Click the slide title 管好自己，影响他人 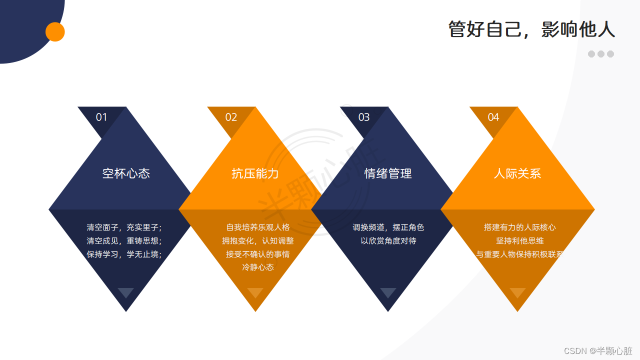pos(531,30)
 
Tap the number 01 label pos(101,117)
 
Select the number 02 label pos(231,117)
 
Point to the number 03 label pos(364,117)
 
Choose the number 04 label pos(493,117)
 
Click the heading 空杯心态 pos(126,173)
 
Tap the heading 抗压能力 pos(255,173)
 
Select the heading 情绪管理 pos(388,173)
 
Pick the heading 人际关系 pos(517,173)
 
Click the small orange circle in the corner pos(55,32)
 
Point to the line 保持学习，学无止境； pos(124,254)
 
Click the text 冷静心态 pos(258,267)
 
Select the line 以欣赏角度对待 pos(388,240)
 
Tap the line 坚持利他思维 pos(520,240)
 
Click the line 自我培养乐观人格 pos(258,227)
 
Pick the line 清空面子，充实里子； pos(124,227)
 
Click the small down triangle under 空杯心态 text pos(125,292)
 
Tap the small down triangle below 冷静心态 pos(255,292)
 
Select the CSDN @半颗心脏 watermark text pos(598,351)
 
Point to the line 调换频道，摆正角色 pos(388,227)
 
